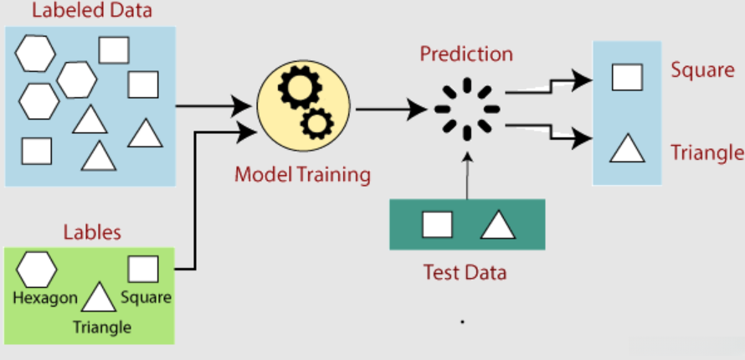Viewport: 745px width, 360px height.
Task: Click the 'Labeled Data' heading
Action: (x=92, y=10)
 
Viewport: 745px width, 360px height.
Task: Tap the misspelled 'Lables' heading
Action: (x=92, y=232)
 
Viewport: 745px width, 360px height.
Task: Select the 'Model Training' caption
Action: (x=303, y=175)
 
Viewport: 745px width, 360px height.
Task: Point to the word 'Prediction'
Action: (x=466, y=54)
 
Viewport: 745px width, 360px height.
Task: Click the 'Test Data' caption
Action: (x=465, y=273)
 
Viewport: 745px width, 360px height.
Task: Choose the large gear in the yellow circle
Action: (x=300, y=88)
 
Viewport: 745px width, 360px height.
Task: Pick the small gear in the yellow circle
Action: (x=317, y=124)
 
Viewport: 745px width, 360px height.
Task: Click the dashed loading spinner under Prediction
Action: (x=467, y=109)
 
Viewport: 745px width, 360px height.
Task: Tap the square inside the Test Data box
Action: (x=437, y=224)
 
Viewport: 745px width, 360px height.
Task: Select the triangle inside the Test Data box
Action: (x=498, y=224)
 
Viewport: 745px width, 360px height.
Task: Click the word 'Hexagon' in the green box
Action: (x=45, y=298)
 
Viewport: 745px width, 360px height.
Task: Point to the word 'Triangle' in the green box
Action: (x=102, y=327)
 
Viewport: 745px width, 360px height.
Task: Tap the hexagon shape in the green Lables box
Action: (x=37, y=270)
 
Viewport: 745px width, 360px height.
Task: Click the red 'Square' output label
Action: (x=702, y=71)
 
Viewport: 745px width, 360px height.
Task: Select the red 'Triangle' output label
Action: (x=707, y=153)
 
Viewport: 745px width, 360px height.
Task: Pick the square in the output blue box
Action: (x=627, y=77)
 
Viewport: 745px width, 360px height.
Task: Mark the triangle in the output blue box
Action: (x=627, y=148)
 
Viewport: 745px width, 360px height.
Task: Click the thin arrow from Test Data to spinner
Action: (x=468, y=176)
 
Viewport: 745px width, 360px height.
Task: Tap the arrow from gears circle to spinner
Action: (x=392, y=109)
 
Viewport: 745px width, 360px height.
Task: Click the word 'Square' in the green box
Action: (x=146, y=298)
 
